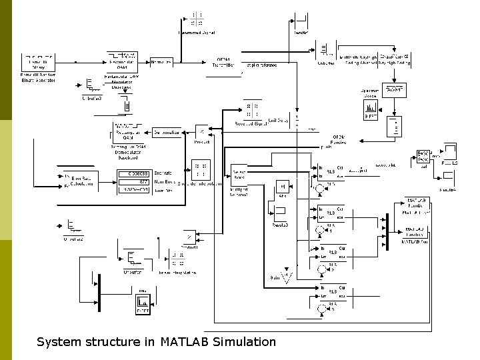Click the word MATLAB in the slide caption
[x=185, y=342]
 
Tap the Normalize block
[x=161, y=62]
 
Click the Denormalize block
[x=167, y=132]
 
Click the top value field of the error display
[x=136, y=173]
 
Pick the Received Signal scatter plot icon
[x=251, y=110]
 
